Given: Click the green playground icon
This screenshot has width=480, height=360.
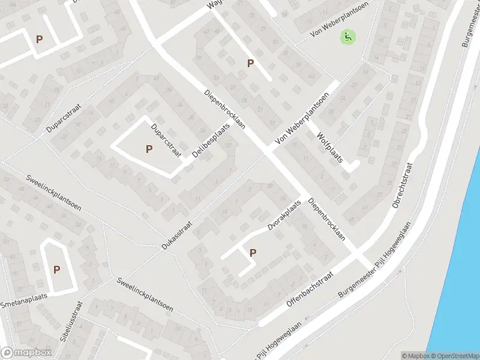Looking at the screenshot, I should [x=347, y=37].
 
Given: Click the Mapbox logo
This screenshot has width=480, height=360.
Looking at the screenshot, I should [x=25, y=353].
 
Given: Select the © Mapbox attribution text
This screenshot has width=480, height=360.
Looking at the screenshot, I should [x=414, y=356].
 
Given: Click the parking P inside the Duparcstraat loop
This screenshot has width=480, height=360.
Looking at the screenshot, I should [x=149, y=149].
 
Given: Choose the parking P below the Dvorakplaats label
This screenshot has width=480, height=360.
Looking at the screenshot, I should [x=253, y=253].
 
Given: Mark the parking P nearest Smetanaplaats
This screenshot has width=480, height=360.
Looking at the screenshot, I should [x=56, y=269].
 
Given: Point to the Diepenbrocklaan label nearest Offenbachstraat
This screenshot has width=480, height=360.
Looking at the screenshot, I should [x=326, y=220].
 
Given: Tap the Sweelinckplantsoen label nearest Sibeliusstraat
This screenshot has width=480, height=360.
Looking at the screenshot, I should [x=145, y=294].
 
